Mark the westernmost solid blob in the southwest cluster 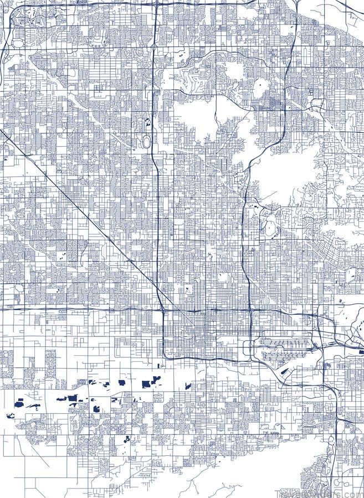click(x=9, y=416)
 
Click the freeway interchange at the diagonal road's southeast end click(x=162, y=309)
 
